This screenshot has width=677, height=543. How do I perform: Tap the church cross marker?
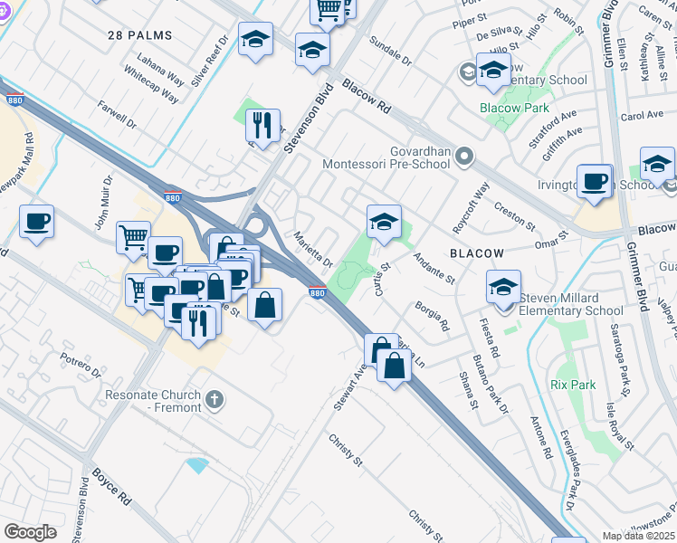(x=215, y=398)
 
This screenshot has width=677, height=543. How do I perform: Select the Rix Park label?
(x=573, y=385)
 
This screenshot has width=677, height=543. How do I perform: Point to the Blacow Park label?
(x=513, y=108)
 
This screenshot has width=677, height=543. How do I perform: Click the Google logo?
(x=30, y=532)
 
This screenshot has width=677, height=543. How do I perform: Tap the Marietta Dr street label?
(x=313, y=246)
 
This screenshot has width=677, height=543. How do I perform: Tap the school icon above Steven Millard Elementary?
(x=503, y=288)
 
